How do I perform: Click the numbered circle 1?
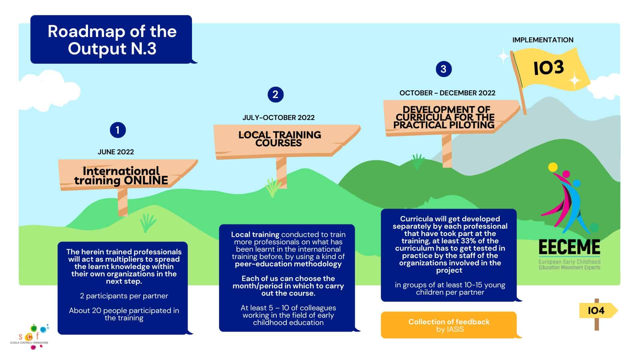118,130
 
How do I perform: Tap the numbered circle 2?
275,95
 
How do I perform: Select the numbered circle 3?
443,69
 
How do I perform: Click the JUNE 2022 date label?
116,152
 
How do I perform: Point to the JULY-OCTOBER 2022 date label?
278,118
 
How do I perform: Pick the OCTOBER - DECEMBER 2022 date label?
447,93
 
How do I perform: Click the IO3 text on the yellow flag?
549,68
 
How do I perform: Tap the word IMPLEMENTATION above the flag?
543,40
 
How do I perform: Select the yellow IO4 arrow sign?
597,311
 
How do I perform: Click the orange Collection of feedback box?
449,325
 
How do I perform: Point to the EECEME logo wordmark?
569,248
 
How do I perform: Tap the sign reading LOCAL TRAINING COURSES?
280,139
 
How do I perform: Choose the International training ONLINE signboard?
121,176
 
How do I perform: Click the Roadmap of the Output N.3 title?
112,40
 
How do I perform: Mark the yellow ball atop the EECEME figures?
553,167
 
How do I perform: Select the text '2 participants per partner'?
124,296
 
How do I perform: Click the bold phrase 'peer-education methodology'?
288,264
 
